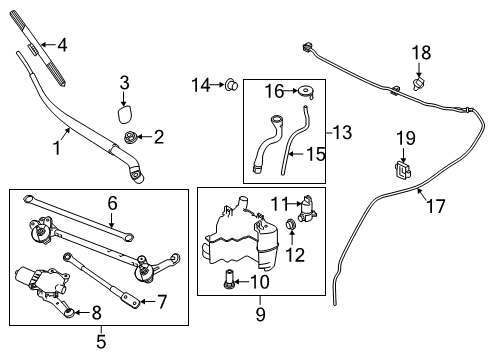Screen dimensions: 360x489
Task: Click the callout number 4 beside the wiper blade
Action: (62, 44)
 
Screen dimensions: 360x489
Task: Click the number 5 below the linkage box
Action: (101, 339)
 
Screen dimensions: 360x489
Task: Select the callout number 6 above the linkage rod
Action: (113, 202)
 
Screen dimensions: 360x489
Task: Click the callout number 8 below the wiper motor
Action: (97, 312)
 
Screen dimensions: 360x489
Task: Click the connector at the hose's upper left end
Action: (303, 47)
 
